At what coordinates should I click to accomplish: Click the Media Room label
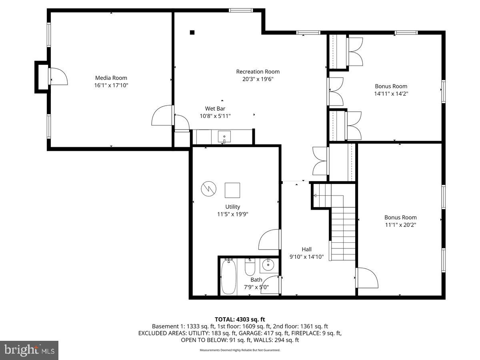111,78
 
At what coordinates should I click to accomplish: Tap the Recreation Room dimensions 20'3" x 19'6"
258,79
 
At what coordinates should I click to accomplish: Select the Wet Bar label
215,108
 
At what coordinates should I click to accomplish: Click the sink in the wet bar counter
224,137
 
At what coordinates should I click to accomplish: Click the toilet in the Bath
250,267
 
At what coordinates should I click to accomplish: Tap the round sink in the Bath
267,264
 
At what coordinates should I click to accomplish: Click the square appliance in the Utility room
232,190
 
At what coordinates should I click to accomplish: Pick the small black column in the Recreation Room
192,32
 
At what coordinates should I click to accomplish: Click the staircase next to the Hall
343,232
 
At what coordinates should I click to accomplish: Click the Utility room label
232,207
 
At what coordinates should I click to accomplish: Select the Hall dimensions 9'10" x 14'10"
306,257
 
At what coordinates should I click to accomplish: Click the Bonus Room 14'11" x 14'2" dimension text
391,94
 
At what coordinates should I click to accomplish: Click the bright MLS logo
29,350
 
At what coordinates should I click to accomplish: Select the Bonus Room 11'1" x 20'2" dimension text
400,225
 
